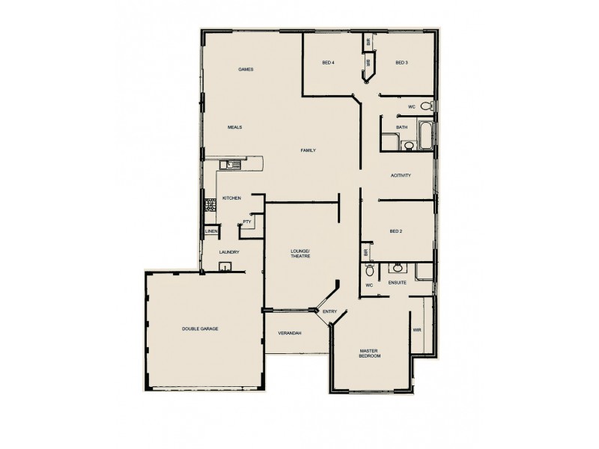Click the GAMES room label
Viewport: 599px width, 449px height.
(x=246, y=69)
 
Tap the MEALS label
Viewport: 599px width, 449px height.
(x=234, y=127)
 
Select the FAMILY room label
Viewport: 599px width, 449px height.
(x=308, y=150)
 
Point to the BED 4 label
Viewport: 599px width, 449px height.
(x=328, y=62)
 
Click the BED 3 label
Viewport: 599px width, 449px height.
(x=401, y=62)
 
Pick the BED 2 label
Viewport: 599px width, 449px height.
(x=396, y=231)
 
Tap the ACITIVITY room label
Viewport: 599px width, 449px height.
(x=401, y=175)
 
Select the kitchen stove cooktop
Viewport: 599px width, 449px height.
(x=211, y=203)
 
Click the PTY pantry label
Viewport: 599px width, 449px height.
(x=246, y=222)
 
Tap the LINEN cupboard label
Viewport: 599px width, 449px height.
(x=211, y=231)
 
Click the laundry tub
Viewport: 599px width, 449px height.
(x=223, y=266)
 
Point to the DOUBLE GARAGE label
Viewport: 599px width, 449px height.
(x=200, y=329)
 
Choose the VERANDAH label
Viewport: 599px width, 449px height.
(x=289, y=332)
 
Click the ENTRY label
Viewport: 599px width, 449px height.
(x=329, y=311)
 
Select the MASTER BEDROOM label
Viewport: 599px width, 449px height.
(x=371, y=353)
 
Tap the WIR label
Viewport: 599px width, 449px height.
(x=417, y=329)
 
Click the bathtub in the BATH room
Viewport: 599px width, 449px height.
(x=424, y=135)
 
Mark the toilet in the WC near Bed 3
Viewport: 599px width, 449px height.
(x=426, y=106)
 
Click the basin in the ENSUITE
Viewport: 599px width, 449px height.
(x=398, y=267)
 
